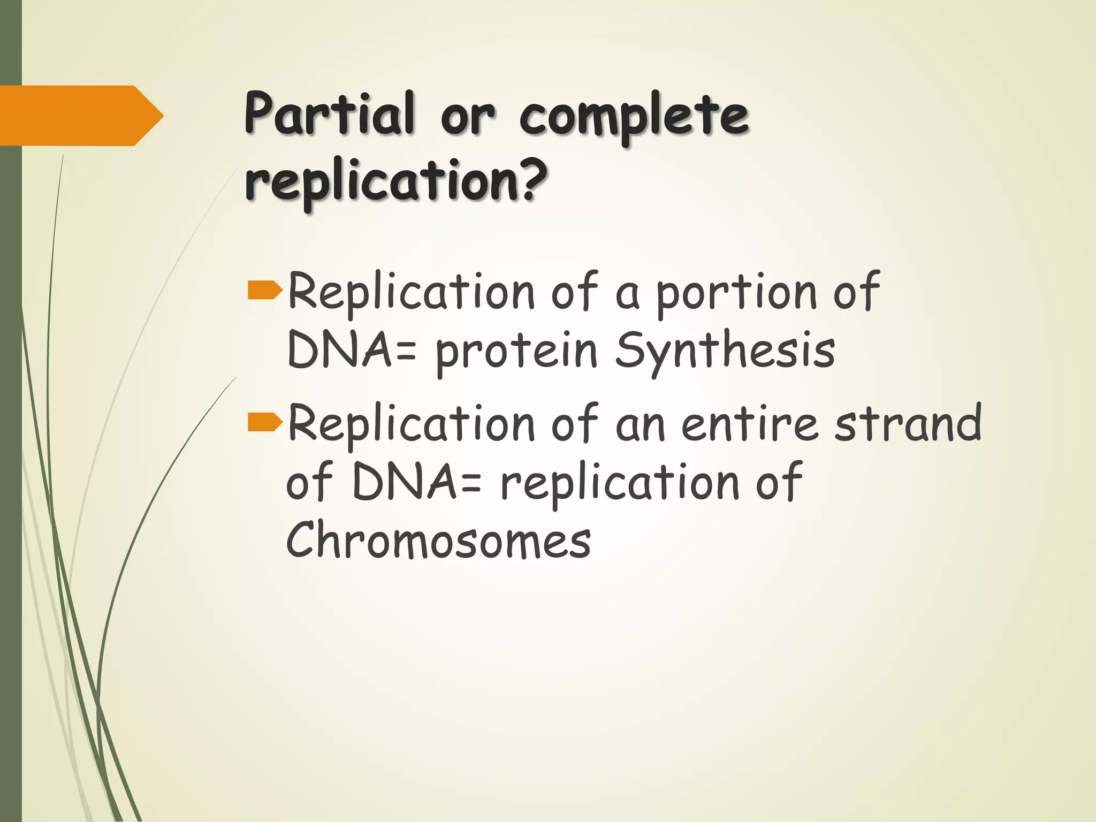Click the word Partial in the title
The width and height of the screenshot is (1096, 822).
click(329, 114)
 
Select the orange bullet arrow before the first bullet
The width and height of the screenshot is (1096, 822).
click(265, 291)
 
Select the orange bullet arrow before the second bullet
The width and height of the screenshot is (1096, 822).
click(265, 422)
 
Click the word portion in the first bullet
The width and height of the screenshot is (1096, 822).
click(736, 293)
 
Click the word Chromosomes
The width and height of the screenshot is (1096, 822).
click(438, 540)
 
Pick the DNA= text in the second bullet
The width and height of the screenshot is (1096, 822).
click(417, 482)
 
